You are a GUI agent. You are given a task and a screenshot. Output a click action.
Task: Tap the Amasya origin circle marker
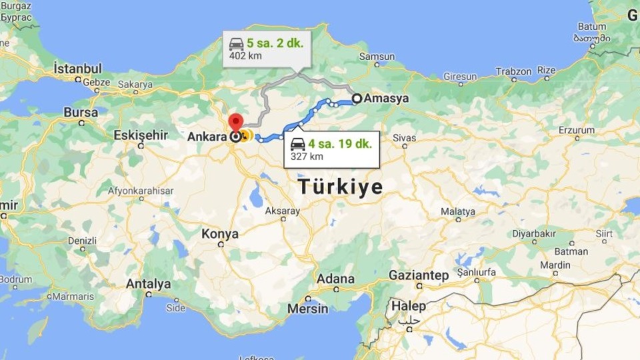(x=357, y=99)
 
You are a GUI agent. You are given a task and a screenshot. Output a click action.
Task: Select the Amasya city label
(x=386, y=99)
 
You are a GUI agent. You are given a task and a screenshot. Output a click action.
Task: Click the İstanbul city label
(x=78, y=68)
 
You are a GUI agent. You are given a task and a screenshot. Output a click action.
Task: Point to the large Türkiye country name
(x=340, y=187)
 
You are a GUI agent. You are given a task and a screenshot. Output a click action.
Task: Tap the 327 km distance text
(x=307, y=157)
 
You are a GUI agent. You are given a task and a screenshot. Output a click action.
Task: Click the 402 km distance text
(x=245, y=56)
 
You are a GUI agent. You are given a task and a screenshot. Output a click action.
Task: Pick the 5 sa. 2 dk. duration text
(x=275, y=43)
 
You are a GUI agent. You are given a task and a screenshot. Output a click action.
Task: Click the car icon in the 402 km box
(x=236, y=44)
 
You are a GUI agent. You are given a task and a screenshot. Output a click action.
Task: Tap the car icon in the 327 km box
(x=298, y=143)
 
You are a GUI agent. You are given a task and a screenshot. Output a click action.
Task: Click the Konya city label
(x=220, y=234)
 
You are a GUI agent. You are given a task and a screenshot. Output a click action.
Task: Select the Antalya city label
(x=149, y=283)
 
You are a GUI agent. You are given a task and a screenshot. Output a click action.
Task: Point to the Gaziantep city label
(x=419, y=275)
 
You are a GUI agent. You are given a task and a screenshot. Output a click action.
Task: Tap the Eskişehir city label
(x=140, y=135)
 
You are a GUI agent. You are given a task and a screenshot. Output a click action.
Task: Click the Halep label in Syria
(x=408, y=306)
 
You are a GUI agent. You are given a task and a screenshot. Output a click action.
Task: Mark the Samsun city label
(x=377, y=57)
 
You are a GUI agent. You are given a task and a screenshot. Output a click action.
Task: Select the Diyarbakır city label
(x=533, y=234)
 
